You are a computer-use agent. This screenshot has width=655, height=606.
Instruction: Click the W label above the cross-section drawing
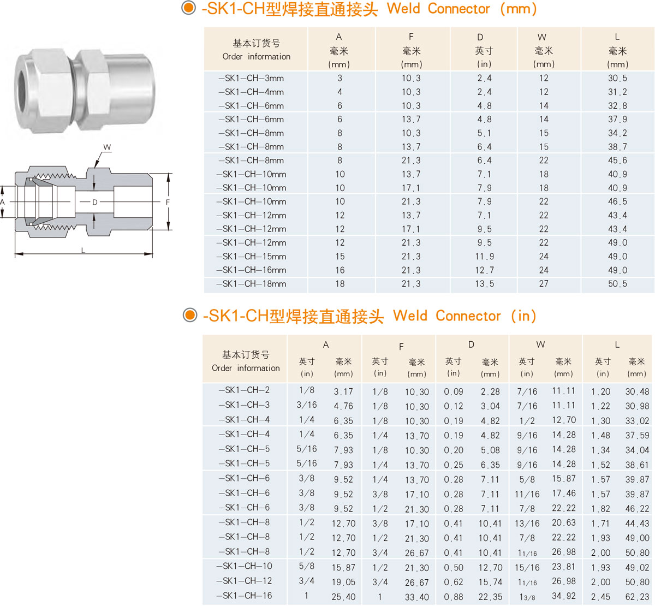pos(107,147)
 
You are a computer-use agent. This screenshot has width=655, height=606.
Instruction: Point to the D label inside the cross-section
pos(95,202)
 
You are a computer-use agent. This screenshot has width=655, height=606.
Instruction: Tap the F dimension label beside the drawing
pos(168,202)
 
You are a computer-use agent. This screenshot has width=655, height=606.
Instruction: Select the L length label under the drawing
pos(83,251)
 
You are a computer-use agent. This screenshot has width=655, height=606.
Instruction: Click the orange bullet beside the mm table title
pos(189,8)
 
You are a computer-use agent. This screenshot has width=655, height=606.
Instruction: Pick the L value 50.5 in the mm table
pos(617,284)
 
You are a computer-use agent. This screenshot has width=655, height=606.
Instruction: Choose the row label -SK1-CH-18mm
pos(251,284)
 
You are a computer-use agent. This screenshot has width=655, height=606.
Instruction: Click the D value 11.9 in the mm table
pos(484,256)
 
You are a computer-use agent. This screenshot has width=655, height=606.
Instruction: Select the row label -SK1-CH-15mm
pos(251,256)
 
